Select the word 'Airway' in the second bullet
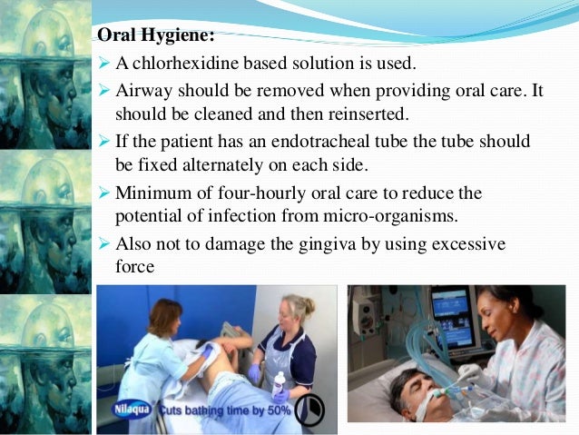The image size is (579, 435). pyautogui.click(x=141, y=91)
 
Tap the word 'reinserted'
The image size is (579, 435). pyautogui.click(x=346, y=115)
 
